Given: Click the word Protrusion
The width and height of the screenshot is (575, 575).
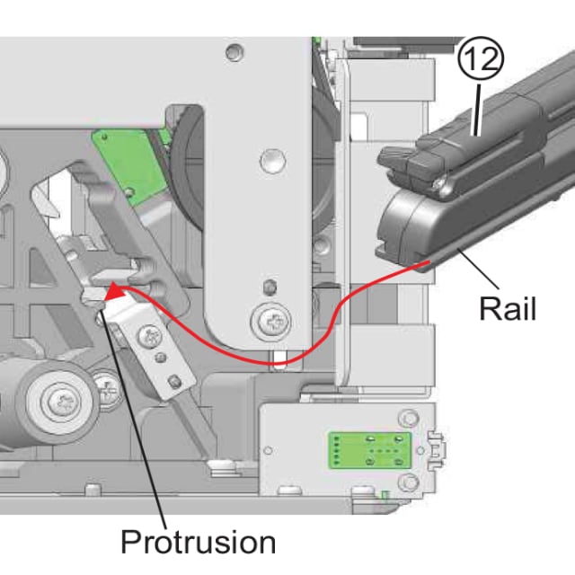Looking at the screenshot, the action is click(198, 542).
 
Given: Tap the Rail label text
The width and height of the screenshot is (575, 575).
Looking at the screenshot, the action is click(508, 308).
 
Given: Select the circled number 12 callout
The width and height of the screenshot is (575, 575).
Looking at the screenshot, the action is click(481, 57).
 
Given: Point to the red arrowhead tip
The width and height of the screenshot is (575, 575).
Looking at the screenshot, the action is click(106, 295).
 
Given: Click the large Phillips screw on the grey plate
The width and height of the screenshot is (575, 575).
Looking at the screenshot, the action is click(271, 323).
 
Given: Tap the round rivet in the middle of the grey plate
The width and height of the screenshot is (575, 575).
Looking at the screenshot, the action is click(273, 161).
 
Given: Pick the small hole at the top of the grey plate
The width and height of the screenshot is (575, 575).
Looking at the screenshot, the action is click(234, 52).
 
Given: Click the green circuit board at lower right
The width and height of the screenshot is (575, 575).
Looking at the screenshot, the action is click(370, 450).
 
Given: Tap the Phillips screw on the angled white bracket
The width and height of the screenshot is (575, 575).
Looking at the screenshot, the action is click(150, 337).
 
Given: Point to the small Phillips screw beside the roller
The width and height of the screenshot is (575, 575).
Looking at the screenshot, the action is click(106, 390).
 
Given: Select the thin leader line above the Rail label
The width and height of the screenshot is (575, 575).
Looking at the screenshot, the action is click(479, 269).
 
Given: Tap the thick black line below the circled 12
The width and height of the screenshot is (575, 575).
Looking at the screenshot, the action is click(477, 110).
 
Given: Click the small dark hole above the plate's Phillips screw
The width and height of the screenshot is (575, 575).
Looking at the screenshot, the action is click(270, 286).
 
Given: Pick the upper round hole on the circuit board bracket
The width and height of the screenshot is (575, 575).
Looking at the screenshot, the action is click(408, 417).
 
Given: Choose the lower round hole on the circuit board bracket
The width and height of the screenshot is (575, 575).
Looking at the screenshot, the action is click(409, 482).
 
